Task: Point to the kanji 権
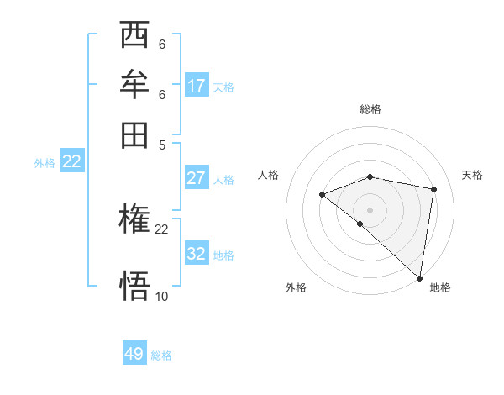[134, 220]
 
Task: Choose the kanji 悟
[134, 285]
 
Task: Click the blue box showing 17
[197, 86]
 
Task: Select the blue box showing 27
[197, 178]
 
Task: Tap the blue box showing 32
[197, 254]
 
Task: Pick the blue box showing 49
[134, 354]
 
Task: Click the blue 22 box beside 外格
[72, 162]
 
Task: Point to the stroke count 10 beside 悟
[162, 296]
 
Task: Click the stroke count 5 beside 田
[162, 144]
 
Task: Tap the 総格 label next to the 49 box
[162, 355]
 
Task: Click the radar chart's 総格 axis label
[370, 109]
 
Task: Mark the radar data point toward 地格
[420, 278]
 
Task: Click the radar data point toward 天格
[434, 189]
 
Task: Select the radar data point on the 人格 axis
[322, 195]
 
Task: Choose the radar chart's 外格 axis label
[296, 287]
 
